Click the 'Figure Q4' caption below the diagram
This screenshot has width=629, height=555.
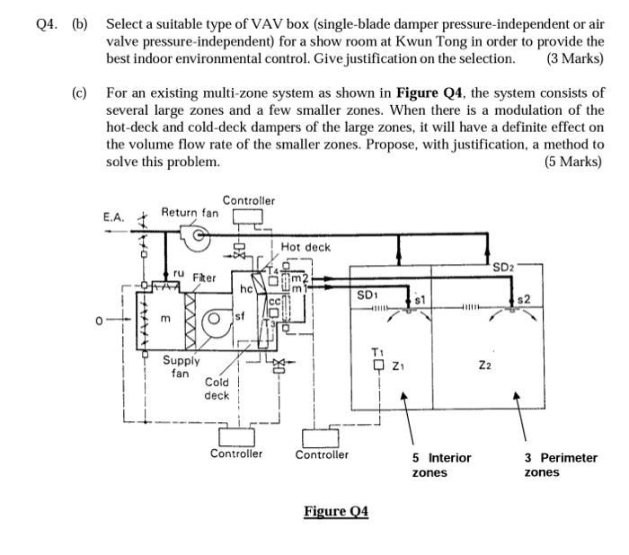336,511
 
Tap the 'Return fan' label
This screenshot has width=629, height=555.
190,212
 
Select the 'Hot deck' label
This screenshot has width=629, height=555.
306,247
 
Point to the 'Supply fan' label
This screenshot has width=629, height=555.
181,366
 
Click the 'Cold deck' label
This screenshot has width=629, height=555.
217,389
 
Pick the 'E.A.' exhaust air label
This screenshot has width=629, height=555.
114,217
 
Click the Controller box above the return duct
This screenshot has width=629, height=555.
248,217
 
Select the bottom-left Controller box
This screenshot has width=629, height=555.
236,436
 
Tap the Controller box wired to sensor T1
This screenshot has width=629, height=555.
320,438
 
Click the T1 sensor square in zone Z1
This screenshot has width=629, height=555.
378,366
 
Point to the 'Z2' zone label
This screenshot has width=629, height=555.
484,366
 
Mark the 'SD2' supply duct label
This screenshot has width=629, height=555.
503,268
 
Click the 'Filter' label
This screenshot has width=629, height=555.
204,277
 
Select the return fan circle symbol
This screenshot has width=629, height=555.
199,234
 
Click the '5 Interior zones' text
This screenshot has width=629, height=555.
441,465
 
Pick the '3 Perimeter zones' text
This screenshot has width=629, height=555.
561,465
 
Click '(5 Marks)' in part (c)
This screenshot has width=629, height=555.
573,162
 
